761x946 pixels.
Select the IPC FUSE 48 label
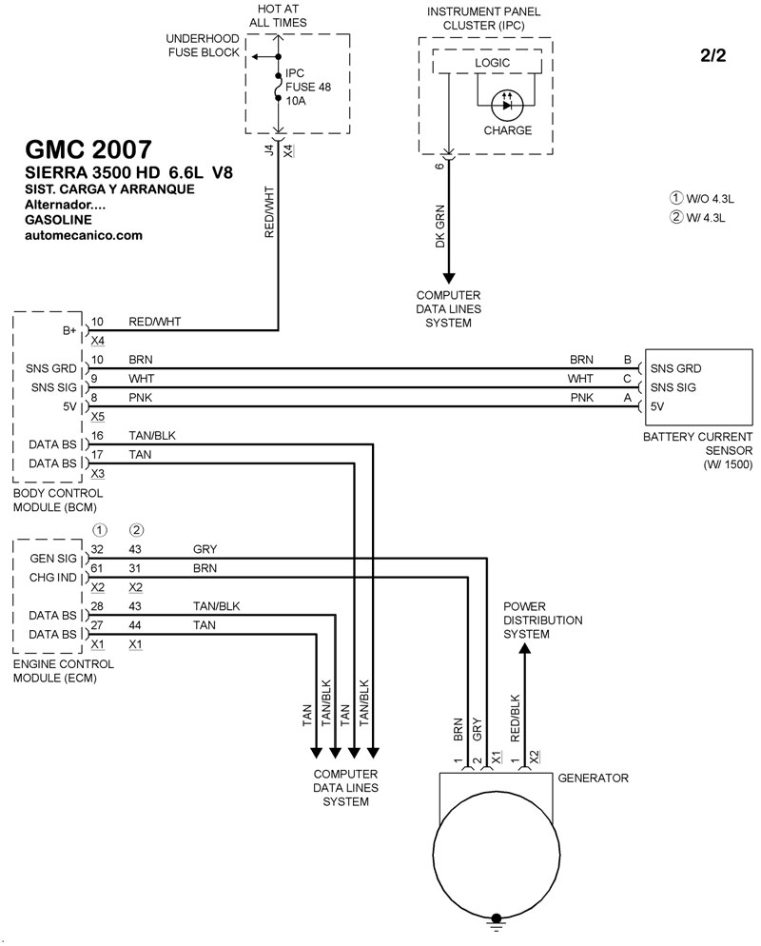311,85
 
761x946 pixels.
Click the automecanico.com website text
82,234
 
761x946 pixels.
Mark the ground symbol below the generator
495,919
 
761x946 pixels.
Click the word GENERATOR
593,778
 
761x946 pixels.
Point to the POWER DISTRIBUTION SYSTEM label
542,620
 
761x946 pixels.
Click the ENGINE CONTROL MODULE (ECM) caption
59,671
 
